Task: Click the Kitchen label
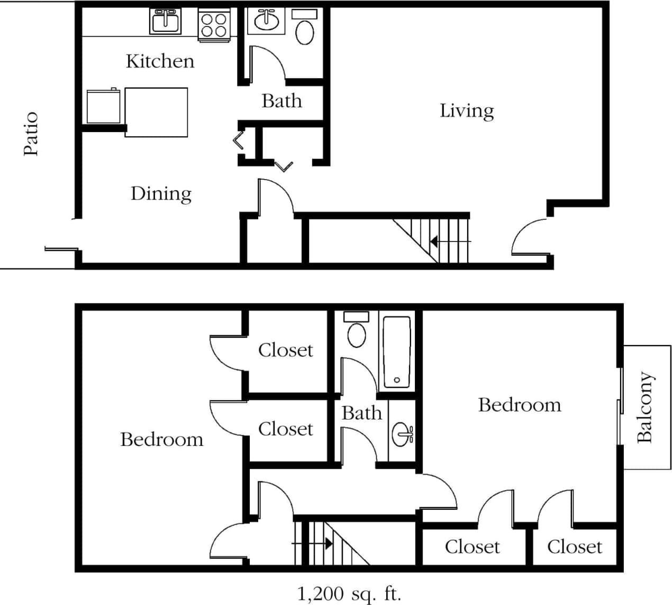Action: [x=160, y=61]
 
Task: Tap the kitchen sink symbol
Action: [x=165, y=22]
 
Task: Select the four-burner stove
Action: [x=214, y=25]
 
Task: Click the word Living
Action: [x=467, y=111]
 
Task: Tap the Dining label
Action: [x=161, y=194]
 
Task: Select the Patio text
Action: [x=31, y=134]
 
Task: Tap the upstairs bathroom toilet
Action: [x=356, y=330]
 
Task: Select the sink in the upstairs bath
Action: [x=403, y=435]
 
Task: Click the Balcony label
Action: [x=645, y=407]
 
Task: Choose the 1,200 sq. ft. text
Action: [x=349, y=593]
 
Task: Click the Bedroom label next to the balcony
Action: [x=520, y=405]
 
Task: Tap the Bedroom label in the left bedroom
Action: [x=161, y=440]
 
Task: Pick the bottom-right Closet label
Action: [x=574, y=547]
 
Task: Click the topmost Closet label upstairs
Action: [x=285, y=350]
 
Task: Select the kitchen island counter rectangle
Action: [x=156, y=112]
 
